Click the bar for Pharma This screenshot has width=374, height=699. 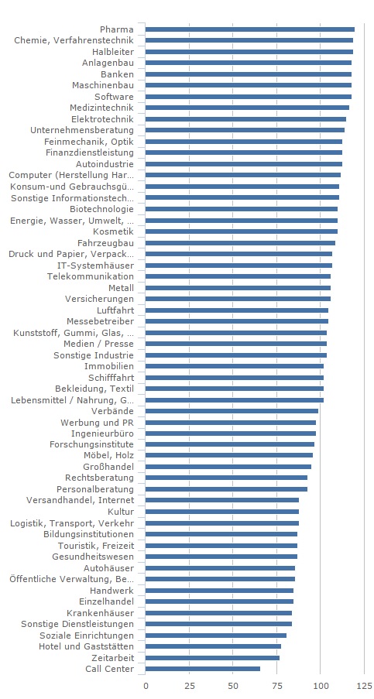pyautogui.click(x=250, y=29)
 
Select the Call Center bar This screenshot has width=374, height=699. pyautogui.click(x=203, y=669)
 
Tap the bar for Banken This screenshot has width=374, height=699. pyautogui.click(x=249, y=74)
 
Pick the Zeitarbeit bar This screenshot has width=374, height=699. pyautogui.click(x=213, y=657)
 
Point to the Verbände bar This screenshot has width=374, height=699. pyautogui.click(x=232, y=411)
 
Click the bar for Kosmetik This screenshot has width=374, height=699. pyautogui.click(x=242, y=231)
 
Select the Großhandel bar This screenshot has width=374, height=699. pyautogui.click(x=228, y=467)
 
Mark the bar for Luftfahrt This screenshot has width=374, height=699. pyautogui.click(x=237, y=310)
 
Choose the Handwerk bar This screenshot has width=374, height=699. pyautogui.click(x=219, y=590)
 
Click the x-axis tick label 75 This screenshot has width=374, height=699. pyautogui.click(x=277, y=685)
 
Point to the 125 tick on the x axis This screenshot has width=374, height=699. pyautogui.click(x=364, y=685)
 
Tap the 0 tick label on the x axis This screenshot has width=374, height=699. pyautogui.click(x=146, y=685)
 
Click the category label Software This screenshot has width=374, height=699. pyautogui.click(x=114, y=96)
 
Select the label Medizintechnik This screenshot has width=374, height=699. pyautogui.click(x=101, y=108)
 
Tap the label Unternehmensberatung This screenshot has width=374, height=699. pyautogui.click(x=82, y=130)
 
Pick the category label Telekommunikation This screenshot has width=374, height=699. pyautogui.click(x=91, y=276)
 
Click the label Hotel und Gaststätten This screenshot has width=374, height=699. pyautogui.click(x=87, y=646)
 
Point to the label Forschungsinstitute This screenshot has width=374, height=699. pyautogui.click(x=91, y=444)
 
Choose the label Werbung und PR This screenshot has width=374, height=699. pyautogui.click(x=97, y=422)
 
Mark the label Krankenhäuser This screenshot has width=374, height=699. pyautogui.click(x=101, y=612)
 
